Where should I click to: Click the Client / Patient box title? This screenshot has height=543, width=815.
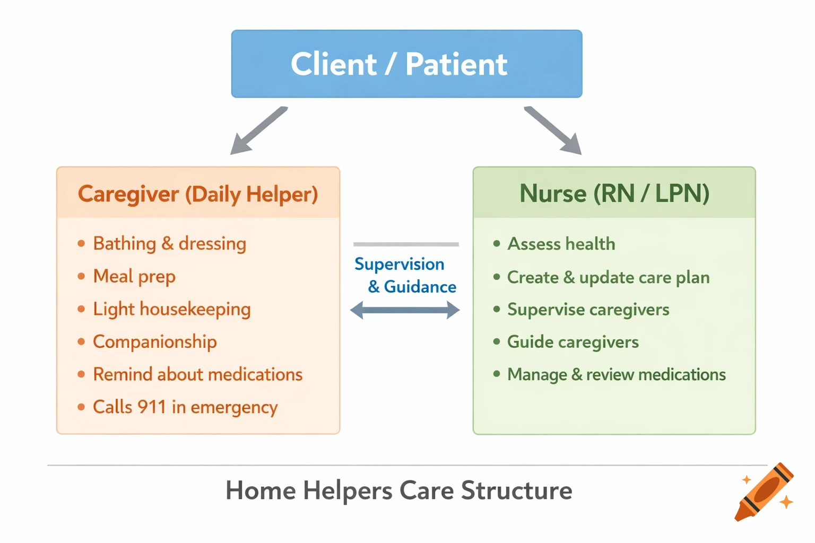coord(399,64)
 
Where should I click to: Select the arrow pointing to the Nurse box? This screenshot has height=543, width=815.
coord(553,131)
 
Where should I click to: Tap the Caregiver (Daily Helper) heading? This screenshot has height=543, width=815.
coord(198,194)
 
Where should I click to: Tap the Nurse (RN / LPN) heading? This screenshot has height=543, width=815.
coord(614,194)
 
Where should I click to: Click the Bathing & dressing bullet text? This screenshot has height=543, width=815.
coord(169,244)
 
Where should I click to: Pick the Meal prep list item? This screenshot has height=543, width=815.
coord(134,276)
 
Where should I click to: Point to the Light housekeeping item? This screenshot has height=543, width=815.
coord(171,309)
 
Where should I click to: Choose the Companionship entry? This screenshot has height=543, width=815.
coord(154,342)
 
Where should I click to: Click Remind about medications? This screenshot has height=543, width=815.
coord(197,374)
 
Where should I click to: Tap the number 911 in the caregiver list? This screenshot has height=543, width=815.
coord(151,407)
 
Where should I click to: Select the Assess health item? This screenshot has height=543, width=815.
coord(561,244)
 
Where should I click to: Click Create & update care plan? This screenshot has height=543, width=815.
coord(608,277)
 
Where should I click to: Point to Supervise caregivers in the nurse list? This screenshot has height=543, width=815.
coord(588,310)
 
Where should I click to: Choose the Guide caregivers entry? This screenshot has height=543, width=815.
coord(573,342)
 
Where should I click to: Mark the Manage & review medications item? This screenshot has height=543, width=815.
coord(616,374)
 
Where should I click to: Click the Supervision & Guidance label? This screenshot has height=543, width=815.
coord(406,275)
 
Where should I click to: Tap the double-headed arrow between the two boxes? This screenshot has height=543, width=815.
coord(405,310)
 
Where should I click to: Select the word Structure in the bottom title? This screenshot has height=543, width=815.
coord(516,491)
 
